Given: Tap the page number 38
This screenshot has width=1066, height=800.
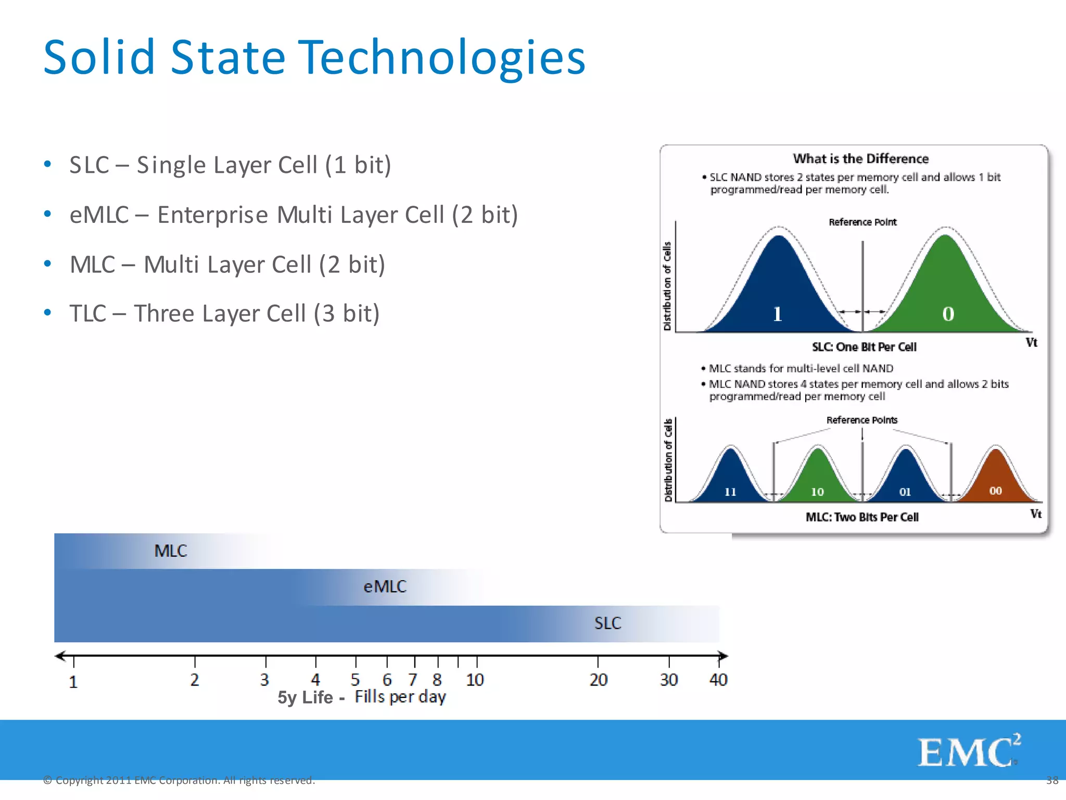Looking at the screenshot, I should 1052,780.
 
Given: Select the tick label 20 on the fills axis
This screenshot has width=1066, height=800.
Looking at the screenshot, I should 598,680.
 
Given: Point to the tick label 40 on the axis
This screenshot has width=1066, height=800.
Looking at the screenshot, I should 718,680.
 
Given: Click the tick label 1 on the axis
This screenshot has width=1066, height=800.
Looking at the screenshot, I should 73,682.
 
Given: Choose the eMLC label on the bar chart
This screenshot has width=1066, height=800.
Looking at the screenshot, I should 385,587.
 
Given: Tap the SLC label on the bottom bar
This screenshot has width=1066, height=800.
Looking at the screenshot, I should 607,623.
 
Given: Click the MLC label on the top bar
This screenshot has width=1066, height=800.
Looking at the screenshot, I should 170,551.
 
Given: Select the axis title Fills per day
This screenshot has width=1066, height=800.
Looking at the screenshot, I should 400,697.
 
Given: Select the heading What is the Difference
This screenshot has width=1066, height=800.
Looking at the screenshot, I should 860,159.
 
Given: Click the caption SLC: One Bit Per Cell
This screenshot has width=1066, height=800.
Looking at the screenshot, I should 864,347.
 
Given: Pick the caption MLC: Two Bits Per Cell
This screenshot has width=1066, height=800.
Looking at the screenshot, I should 862,517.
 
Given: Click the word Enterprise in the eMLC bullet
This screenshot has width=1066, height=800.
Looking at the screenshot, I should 213,215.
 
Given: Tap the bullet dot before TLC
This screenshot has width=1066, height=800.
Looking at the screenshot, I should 48,312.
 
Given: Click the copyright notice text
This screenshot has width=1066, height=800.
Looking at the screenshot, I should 179,780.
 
